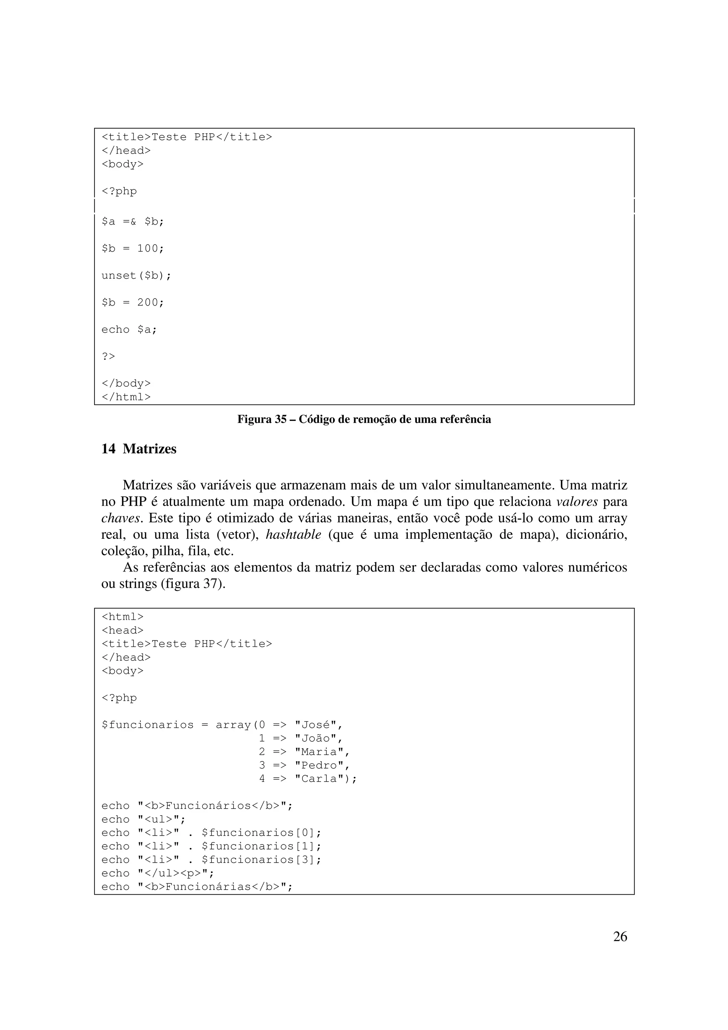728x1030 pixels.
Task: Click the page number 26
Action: (620, 936)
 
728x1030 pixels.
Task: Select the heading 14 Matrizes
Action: (139, 449)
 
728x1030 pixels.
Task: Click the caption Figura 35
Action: (364, 419)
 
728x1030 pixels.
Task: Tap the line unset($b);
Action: (136, 275)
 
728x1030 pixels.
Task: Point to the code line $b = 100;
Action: (133, 248)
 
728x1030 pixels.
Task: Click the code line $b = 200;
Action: (133, 302)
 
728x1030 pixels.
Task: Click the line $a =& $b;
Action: (133, 222)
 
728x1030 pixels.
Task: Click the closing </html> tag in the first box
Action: (126, 397)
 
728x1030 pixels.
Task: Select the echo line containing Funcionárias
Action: (197, 887)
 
